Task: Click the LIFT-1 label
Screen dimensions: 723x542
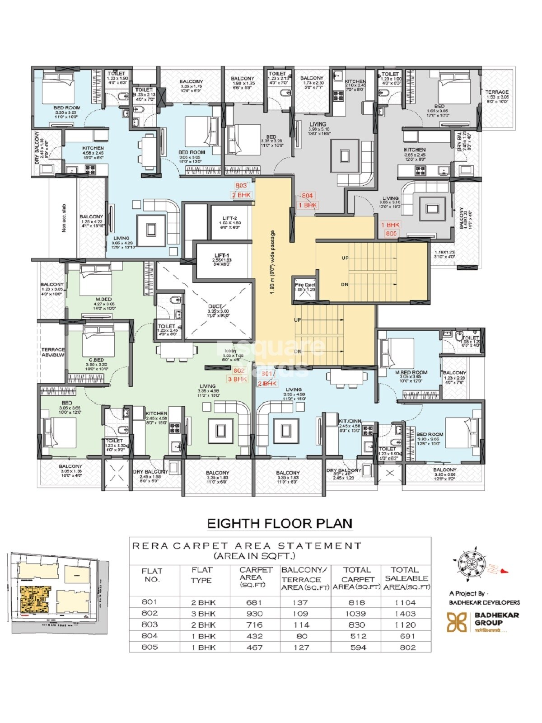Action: click(x=221, y=256)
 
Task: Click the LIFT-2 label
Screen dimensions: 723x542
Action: click(x=229, y=218)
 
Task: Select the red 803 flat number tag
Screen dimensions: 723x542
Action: click(x=241, y=185)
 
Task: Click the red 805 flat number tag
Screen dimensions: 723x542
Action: click(x=391, y=234)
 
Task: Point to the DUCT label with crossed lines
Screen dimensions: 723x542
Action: click(x=215, y=306)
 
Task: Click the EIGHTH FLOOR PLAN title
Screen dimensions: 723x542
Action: click(x=280, y=523)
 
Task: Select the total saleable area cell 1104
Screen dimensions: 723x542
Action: click(x=406, y=602)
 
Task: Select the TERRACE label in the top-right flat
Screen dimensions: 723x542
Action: click(x=497, y=92)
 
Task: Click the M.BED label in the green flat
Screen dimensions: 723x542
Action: click(x=103, y=299)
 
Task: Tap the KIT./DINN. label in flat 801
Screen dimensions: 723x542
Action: click(x=350, y=421)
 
